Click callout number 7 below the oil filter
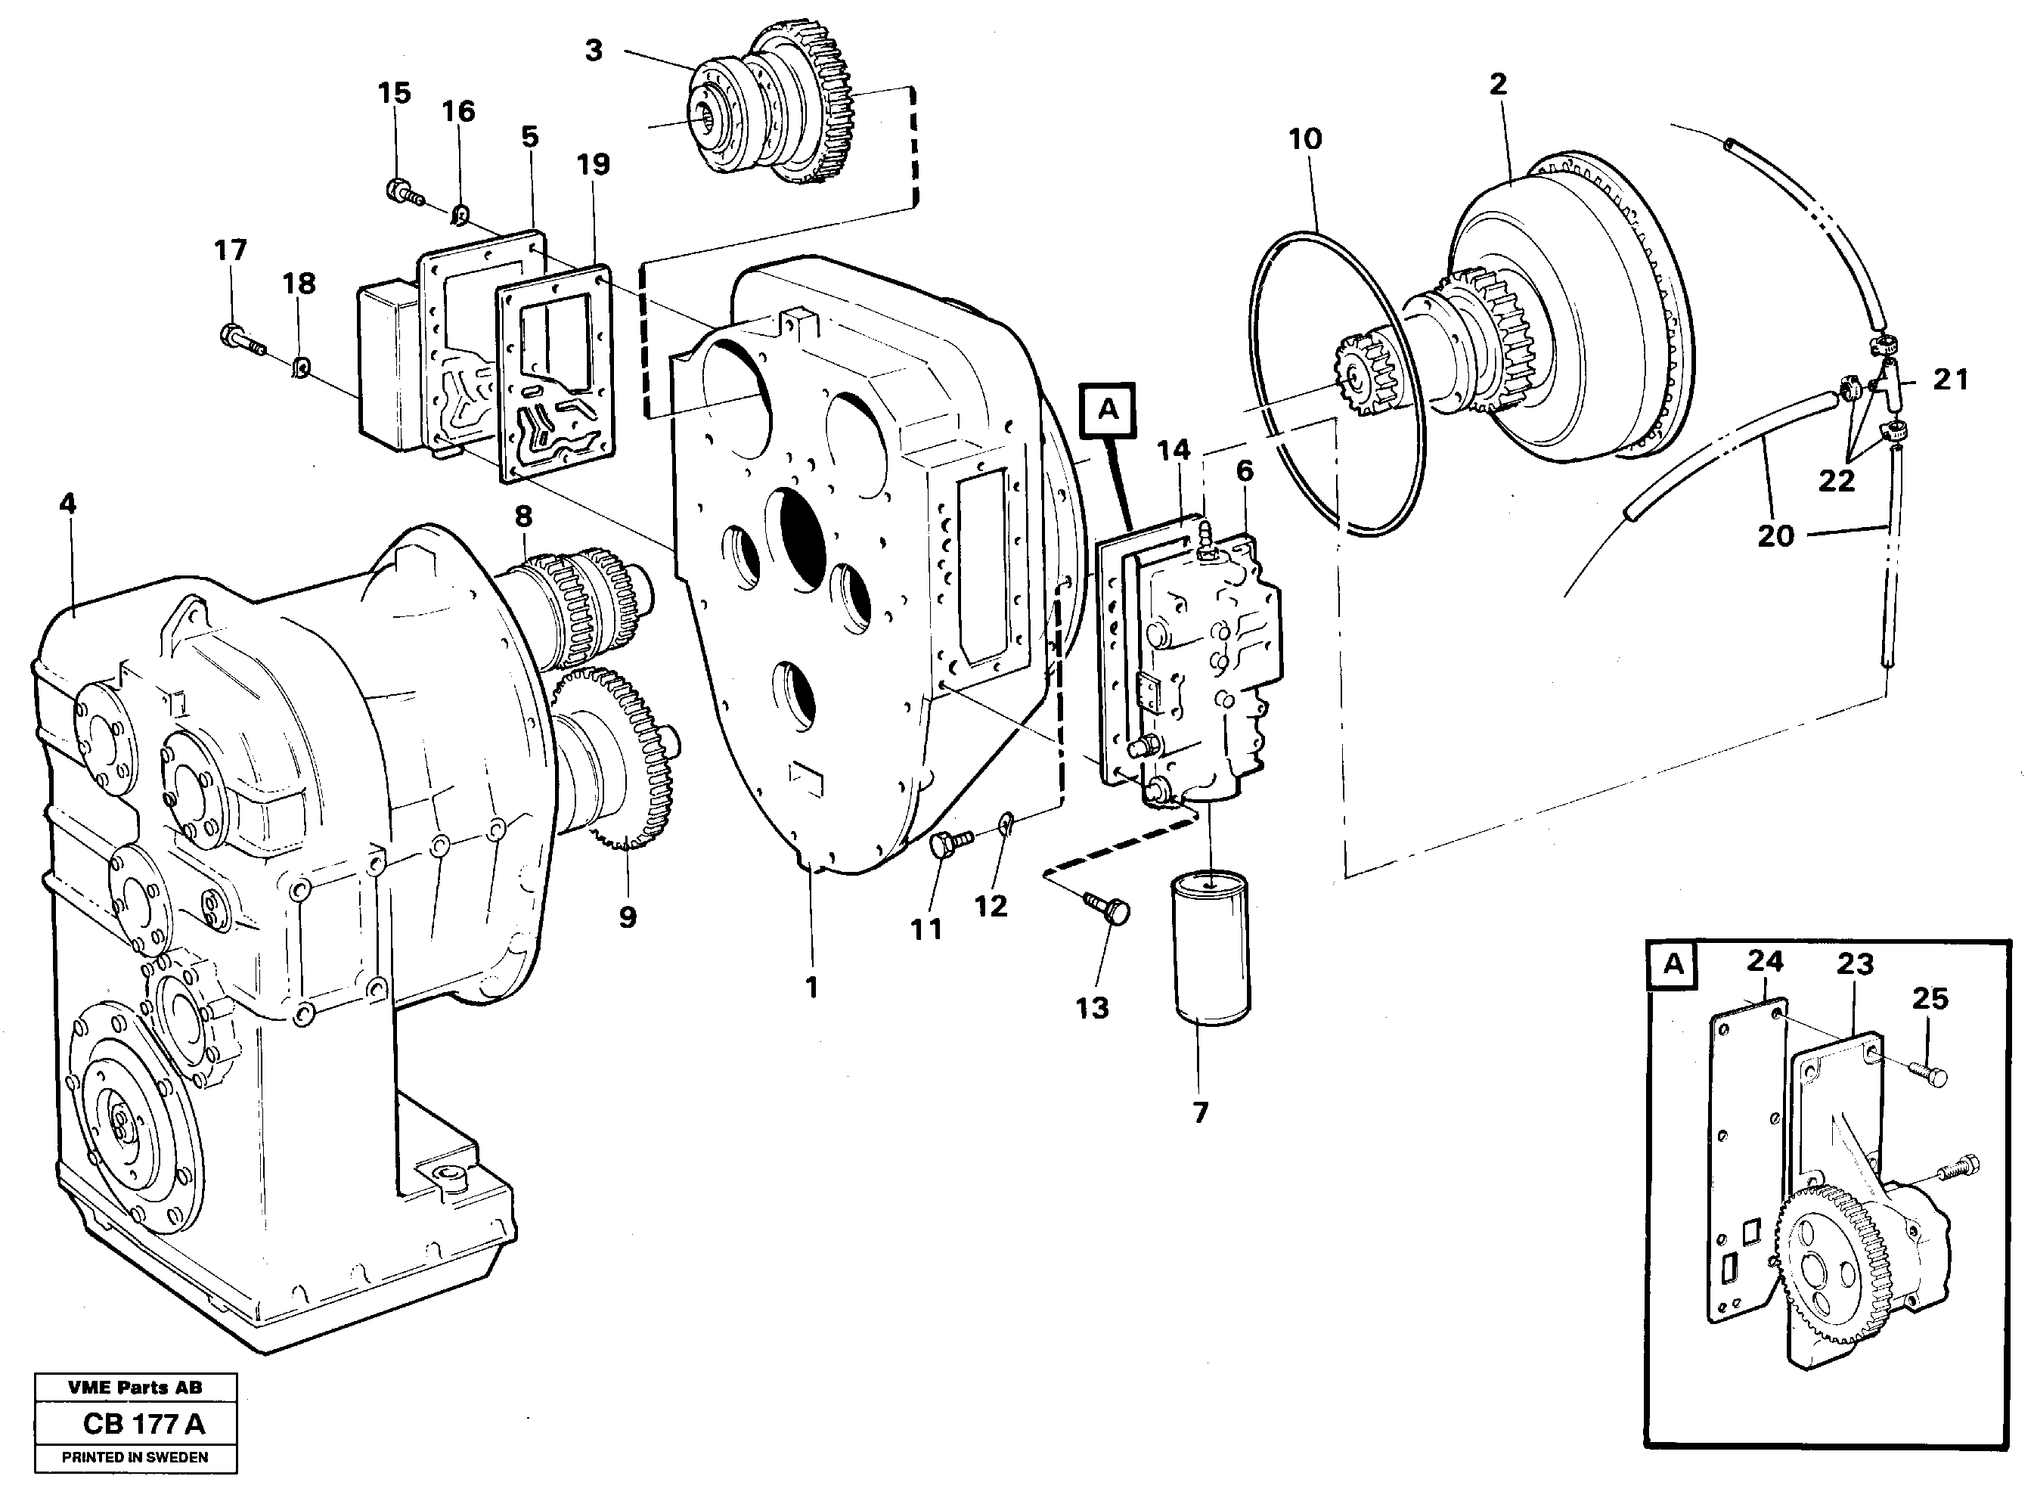1200,1112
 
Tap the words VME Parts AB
135,1388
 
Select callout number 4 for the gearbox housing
68,504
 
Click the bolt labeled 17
240,340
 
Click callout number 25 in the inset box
1930,998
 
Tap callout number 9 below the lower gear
628,916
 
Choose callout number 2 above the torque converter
1497,85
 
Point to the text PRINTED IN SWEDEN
135,1457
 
